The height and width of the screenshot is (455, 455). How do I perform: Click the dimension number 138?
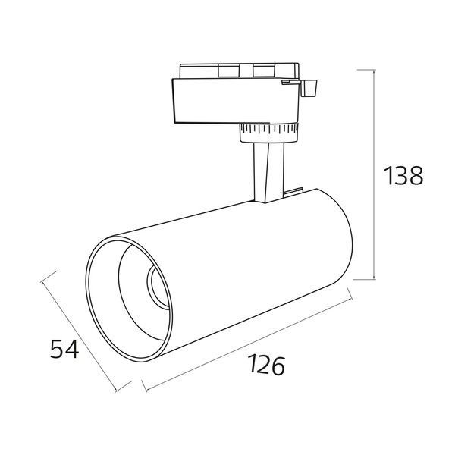(403, 176)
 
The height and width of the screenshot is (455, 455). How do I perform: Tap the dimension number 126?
(266, 365)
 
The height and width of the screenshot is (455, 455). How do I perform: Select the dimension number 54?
(64, 349)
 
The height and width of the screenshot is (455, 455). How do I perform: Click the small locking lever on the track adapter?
(309, 88)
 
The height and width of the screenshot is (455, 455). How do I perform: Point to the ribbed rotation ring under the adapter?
(268, 133)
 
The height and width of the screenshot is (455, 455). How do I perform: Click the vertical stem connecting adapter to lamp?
(268, 173)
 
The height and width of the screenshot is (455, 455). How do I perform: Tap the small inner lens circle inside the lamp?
(158, 287)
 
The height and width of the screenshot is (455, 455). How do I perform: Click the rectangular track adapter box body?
(235, 100)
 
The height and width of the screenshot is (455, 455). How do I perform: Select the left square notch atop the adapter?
(229, 71)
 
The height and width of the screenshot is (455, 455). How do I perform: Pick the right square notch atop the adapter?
(263, 71)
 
